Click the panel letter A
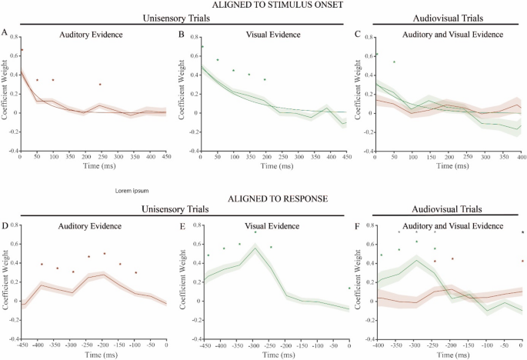pos(5,32)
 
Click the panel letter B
pos(182,34)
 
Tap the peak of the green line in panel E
pos(255,248)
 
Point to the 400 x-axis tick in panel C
pos(522,157)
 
